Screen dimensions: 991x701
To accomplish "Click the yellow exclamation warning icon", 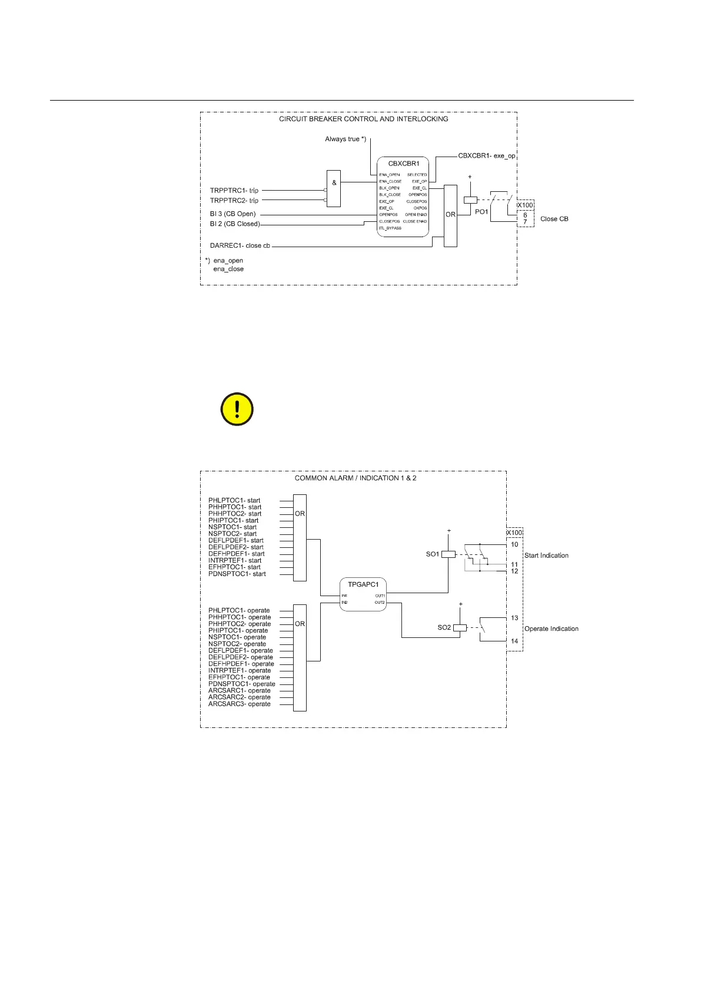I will click(x=237, y=409).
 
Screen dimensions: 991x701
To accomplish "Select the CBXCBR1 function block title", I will click(x=404, y=164).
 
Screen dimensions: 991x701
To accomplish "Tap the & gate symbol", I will click(x=334, y=183).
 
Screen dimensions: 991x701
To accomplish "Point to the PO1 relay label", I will click(x=481, y=212).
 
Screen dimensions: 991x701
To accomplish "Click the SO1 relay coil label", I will click(x=433, y=554).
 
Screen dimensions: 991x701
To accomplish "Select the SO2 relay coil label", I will click(x=444, y=627).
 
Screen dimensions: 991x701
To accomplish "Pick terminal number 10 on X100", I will click(x=514, y=544).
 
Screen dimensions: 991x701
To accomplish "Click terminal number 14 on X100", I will click(x=514, y=641).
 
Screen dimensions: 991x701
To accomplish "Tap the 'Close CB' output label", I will click(x=554, y=219).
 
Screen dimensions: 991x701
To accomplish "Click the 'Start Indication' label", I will click(x=546, y=556).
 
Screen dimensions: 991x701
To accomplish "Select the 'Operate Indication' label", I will click(x=551, y=628).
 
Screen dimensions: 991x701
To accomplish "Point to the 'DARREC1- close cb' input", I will click(x=240, y=245).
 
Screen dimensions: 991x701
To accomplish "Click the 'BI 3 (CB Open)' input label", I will click(x=233, y=214).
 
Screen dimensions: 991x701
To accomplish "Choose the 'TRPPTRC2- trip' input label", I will click(x=234, y=201).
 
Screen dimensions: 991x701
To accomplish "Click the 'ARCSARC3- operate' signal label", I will click(x=240, y=704).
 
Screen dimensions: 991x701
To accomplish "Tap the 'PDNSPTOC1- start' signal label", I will click(x=237, y=574).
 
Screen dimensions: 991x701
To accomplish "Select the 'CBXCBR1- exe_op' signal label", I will click(x=487, y=156).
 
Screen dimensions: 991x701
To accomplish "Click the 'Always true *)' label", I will click(x=345, y=139).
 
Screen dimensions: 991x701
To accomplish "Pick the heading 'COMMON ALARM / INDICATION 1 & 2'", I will click(x=356, y=478).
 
